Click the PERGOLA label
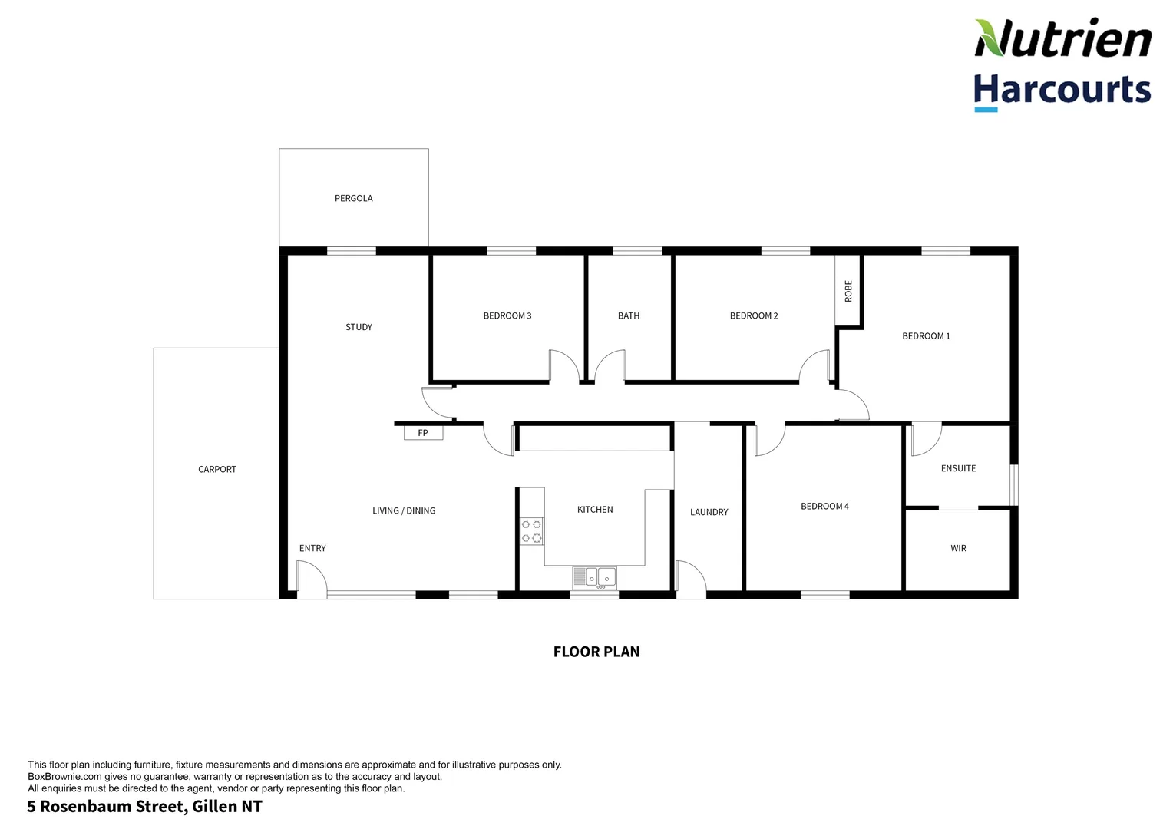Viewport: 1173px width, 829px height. [353, 198]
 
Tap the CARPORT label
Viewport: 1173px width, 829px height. [217, 469]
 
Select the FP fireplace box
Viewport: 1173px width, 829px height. [423, 433]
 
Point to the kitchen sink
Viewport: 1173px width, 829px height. [595, 577]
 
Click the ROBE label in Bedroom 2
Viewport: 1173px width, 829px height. [848, 291]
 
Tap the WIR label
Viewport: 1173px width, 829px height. [958, 548]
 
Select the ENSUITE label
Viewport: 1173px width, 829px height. [958, 468]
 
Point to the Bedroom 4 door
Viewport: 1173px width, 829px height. [769, 440]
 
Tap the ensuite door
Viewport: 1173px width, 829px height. [926, 438]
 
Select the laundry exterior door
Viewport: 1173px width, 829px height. [691, 577]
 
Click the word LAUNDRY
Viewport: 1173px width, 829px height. [709, 512]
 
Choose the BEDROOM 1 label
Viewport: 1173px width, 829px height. [926, 336]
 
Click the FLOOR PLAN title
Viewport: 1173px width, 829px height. [596, 652]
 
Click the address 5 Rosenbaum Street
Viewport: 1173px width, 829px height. [144, 807]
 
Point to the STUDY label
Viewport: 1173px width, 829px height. [359, 327]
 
